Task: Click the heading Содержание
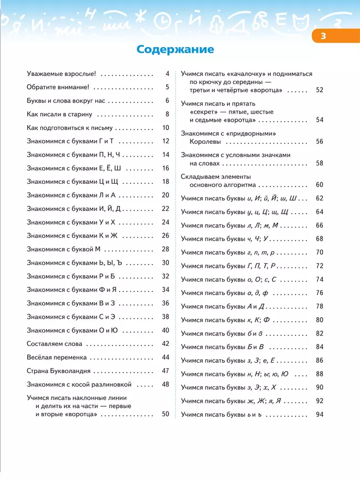point(175,50)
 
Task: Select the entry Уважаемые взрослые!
point(61,73)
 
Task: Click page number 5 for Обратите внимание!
point(167,87)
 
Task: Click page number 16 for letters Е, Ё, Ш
point(166,168)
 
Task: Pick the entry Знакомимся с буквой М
point(64,249)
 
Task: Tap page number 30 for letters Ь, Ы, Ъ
point(166,263)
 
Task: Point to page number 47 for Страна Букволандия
point(166,371)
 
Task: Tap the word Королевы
point(205,141)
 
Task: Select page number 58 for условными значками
point(320,163)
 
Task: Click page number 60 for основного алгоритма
point(320,184)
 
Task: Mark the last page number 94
point(320,414)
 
